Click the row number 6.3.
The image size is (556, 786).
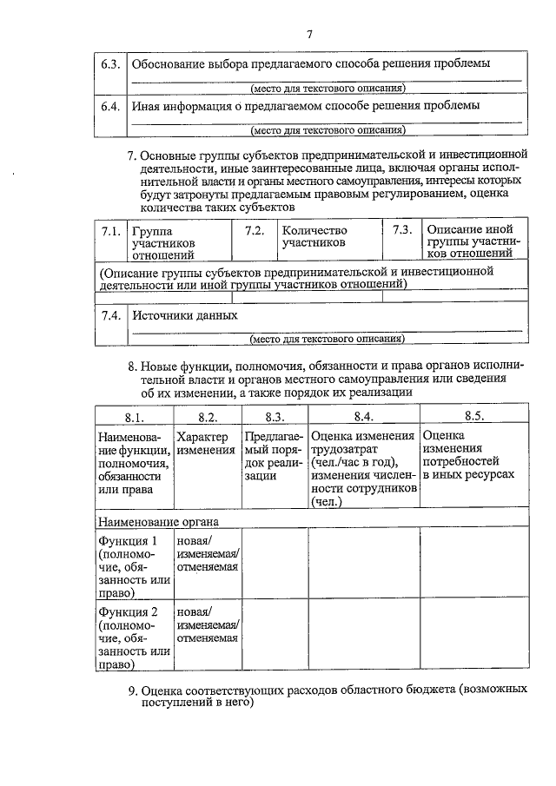pos(110,64)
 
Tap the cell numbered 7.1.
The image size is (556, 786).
pos(110,231)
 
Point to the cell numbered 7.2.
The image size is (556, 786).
pos(255,231)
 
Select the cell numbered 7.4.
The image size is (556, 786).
pos(110,315)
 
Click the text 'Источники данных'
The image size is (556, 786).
pos(184,315)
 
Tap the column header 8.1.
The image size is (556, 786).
pos(134,416)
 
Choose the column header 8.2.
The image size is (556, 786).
pos(207,416)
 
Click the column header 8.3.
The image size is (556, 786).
pos(275,416)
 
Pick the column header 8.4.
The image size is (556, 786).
pos(363,416)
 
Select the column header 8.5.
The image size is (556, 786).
pos(473,416)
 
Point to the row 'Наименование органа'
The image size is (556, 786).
pos(158,521)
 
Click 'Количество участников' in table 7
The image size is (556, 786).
pos(314,236)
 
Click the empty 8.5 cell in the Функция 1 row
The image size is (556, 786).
pos(473,565)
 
